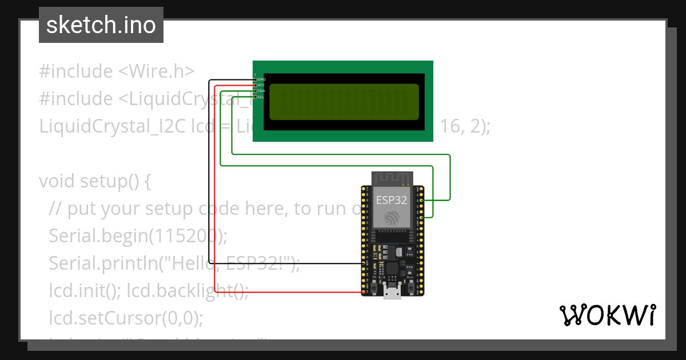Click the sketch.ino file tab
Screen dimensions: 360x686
[x=101, y=25]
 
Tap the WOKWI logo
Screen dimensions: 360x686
[x=607, y=315]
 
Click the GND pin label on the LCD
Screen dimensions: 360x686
[x=262, y=79]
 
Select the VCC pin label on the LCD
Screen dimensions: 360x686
[x=261, y=85]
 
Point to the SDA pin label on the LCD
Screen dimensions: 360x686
[x=261, y=91]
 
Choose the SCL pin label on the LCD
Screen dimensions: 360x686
[x=261, y=97]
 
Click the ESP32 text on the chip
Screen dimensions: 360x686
[x=392, y=200]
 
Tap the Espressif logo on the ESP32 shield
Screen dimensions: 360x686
[x=392, y=218]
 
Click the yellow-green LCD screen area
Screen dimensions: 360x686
[x=344, y=102]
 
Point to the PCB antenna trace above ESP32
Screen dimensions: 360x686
[x=392, y=178]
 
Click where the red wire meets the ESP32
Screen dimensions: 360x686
[x=364, y=292]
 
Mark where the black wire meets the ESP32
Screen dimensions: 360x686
[x=364, y=263]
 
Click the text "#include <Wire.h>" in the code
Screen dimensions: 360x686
[x=117, y=71]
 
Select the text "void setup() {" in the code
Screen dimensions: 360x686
[x=94, y=181]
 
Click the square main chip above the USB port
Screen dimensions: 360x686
[x=392, y=269]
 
